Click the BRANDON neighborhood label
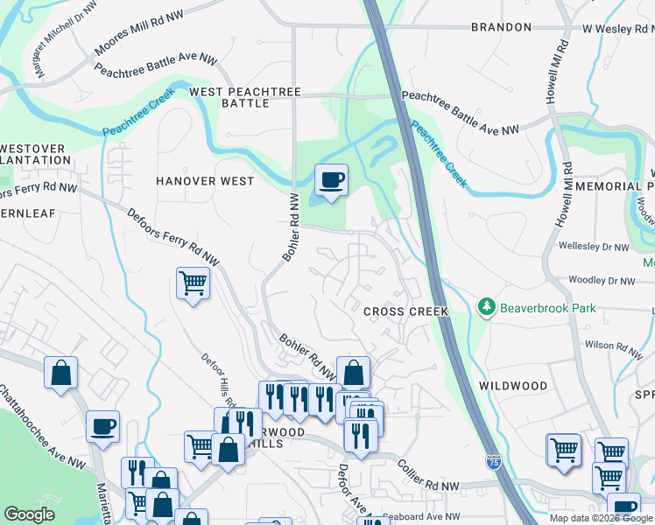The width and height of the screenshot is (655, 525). pos(501,27)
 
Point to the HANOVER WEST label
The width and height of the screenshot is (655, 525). pos(205,181)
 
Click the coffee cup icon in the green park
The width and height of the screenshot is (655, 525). pos(331,181)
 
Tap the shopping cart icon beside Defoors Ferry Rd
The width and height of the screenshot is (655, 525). pos(193,283)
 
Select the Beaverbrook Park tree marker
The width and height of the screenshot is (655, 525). pos(486,307)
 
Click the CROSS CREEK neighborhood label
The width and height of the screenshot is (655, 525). pos(406,311)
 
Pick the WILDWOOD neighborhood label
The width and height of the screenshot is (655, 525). pos(513,386)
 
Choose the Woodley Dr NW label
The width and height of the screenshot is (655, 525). pos(601,281)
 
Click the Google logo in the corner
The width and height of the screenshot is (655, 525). pos(29,514)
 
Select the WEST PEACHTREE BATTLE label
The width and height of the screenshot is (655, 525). pos(245,97)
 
